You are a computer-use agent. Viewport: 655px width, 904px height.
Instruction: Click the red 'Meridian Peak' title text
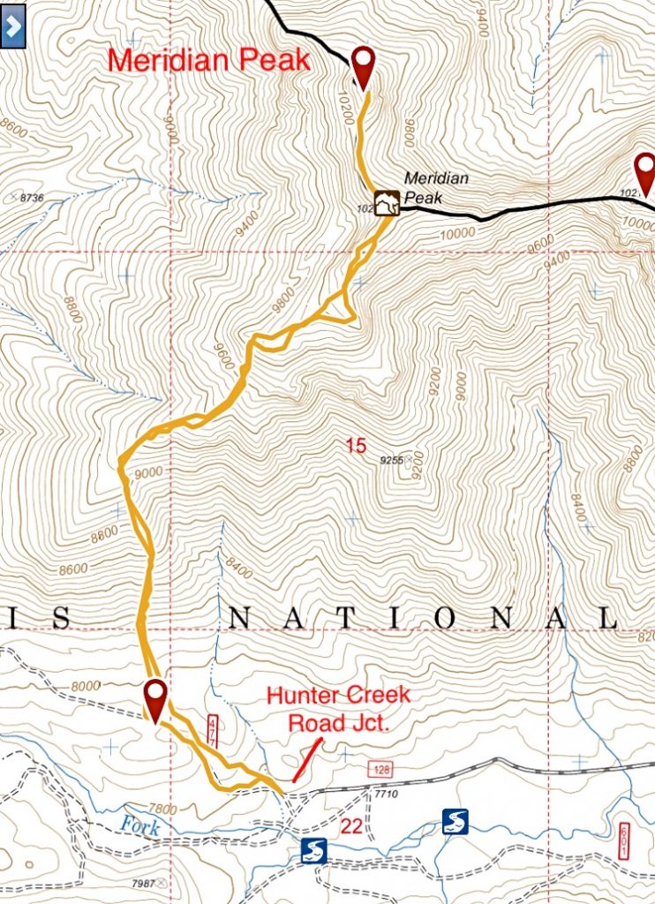[x=208, y=61]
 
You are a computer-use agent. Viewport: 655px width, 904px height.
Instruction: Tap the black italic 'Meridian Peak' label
[x=435, y=188]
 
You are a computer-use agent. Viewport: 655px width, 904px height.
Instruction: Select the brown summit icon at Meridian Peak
[x=387, y=203]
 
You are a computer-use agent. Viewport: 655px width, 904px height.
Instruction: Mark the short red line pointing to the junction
[x=305, y=761]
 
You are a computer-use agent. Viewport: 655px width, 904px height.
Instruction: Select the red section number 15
[x=356, y=447]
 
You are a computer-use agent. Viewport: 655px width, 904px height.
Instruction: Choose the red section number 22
[x=350, y=825]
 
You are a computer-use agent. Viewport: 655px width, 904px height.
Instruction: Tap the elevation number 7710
[x=387, y=798]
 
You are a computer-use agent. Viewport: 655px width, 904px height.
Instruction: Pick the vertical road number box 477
[x=212, y=733]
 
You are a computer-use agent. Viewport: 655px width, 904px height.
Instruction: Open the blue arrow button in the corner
[x=12, y=27]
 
